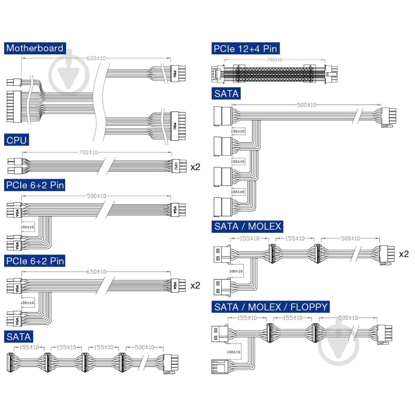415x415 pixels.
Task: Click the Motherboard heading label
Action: coord(35,48)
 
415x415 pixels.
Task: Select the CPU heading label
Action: coord(17,140)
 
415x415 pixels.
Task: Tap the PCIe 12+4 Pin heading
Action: coord(245,49)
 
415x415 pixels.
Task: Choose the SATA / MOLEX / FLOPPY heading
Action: coord(271,307)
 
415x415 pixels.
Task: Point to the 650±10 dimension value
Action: coord(97,272)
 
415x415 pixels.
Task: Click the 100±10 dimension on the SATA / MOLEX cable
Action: coord(236,271)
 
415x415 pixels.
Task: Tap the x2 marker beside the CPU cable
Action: coord(195,167)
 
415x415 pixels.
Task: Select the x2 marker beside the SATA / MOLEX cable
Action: coord(403,254)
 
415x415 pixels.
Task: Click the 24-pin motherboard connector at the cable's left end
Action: coord(14,107)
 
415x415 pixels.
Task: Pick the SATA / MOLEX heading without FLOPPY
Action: coord(248,227)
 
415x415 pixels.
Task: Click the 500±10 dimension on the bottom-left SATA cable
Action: coord(144,347)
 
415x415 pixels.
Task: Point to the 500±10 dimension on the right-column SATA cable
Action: coord(306,105)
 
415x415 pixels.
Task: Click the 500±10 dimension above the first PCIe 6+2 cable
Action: coord(97,196)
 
